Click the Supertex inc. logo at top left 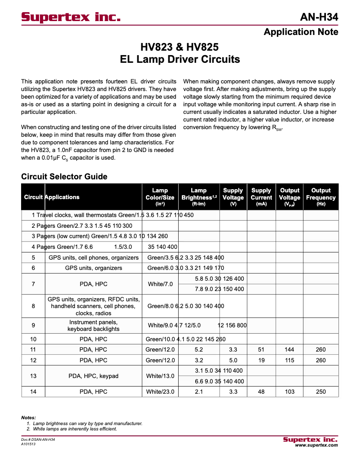71,17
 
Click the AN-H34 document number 319,17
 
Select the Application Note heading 301,32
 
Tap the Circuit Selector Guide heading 64,176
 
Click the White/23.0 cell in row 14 160,391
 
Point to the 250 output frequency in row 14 320,391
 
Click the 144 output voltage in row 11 290,349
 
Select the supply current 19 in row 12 261,360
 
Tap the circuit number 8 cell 33,306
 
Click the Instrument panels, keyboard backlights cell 93,326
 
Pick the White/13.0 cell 160,376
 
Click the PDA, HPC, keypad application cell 93,376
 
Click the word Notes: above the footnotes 28,417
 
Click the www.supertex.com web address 316,445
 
